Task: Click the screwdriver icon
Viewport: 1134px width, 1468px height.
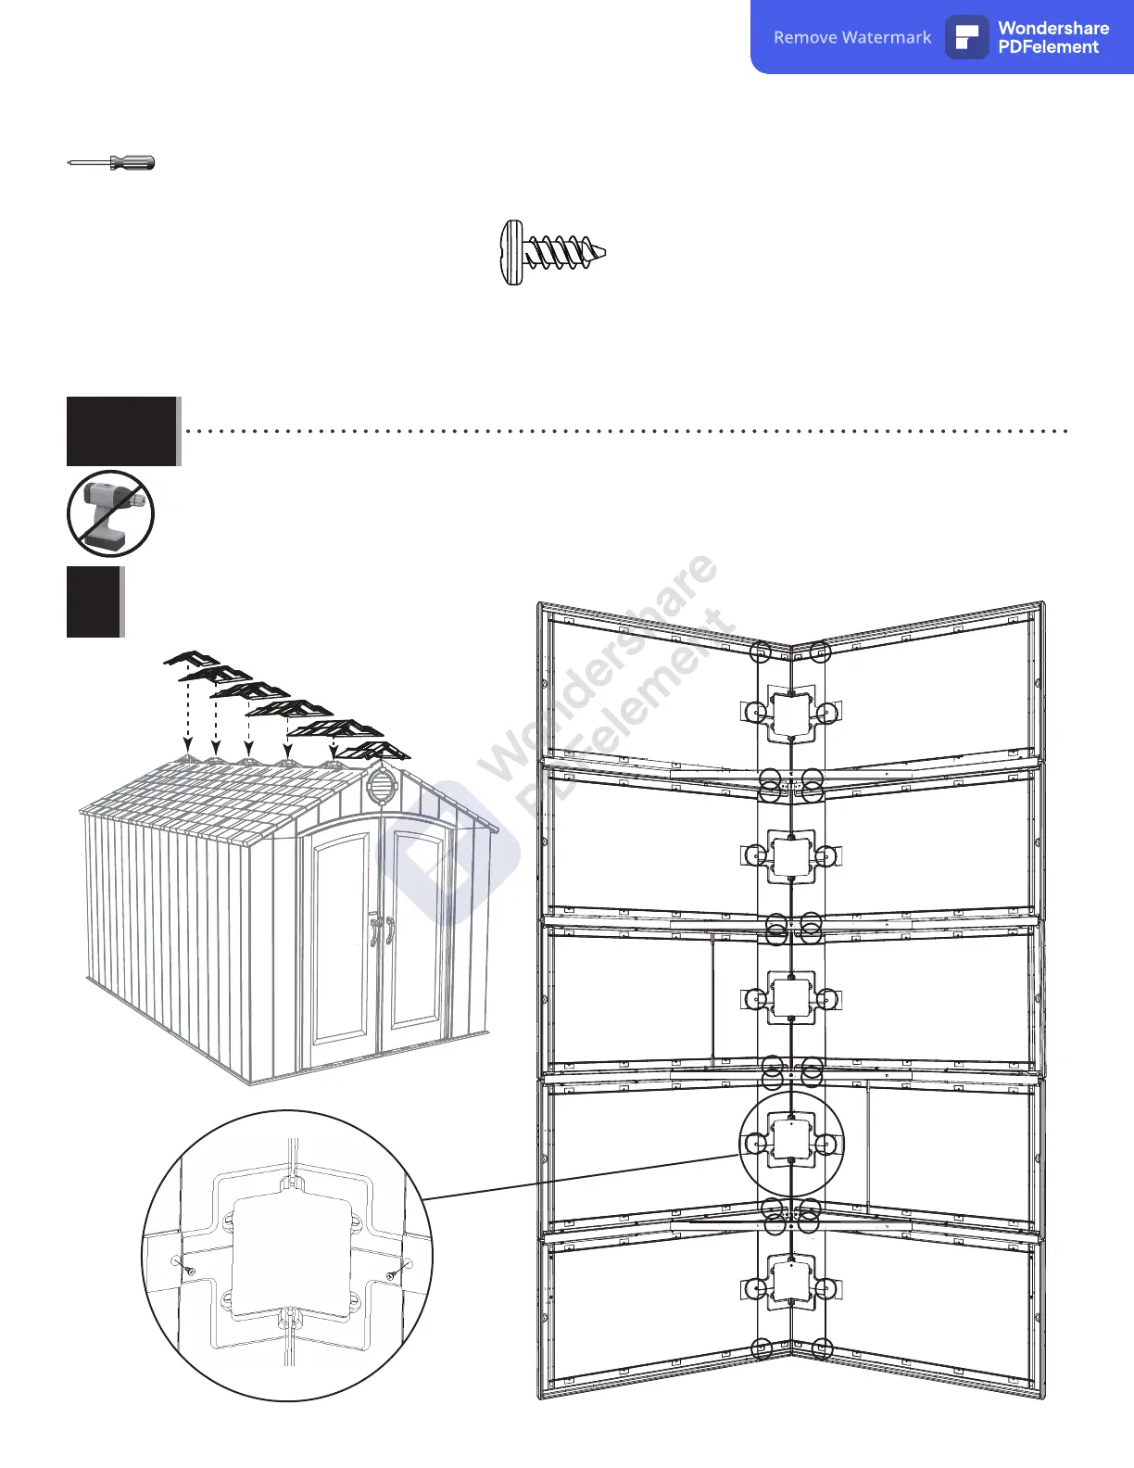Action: (x=111, y=163)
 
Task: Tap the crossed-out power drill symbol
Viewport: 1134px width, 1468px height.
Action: (x=110, y=513)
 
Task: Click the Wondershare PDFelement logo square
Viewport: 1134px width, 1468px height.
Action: (x=966, y=37)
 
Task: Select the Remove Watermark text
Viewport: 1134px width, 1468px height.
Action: (x=852, y=37)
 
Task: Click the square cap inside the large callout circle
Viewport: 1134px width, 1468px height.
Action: (x=790, y=1139)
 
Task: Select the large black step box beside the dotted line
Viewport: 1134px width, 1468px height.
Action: (x=121, y=431)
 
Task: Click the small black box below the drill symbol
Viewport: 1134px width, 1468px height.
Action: (x=94, y=601)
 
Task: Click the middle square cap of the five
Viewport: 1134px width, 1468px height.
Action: (x=790, y=997)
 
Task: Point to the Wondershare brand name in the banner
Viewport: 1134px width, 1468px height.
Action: (x=1053, y=28)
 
